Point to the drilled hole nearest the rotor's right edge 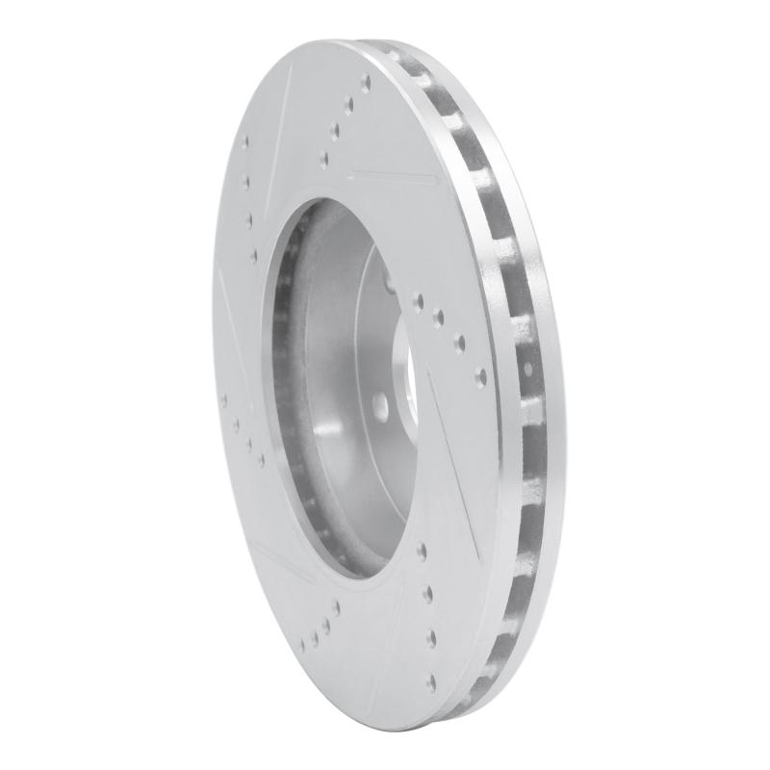click(480, 374)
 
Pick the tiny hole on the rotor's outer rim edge click(528, 369)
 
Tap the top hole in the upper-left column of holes click(244, 143)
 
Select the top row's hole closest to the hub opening click(324, 156)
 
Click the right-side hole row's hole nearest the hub click(417, 300)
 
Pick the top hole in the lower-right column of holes click(422, 550)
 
